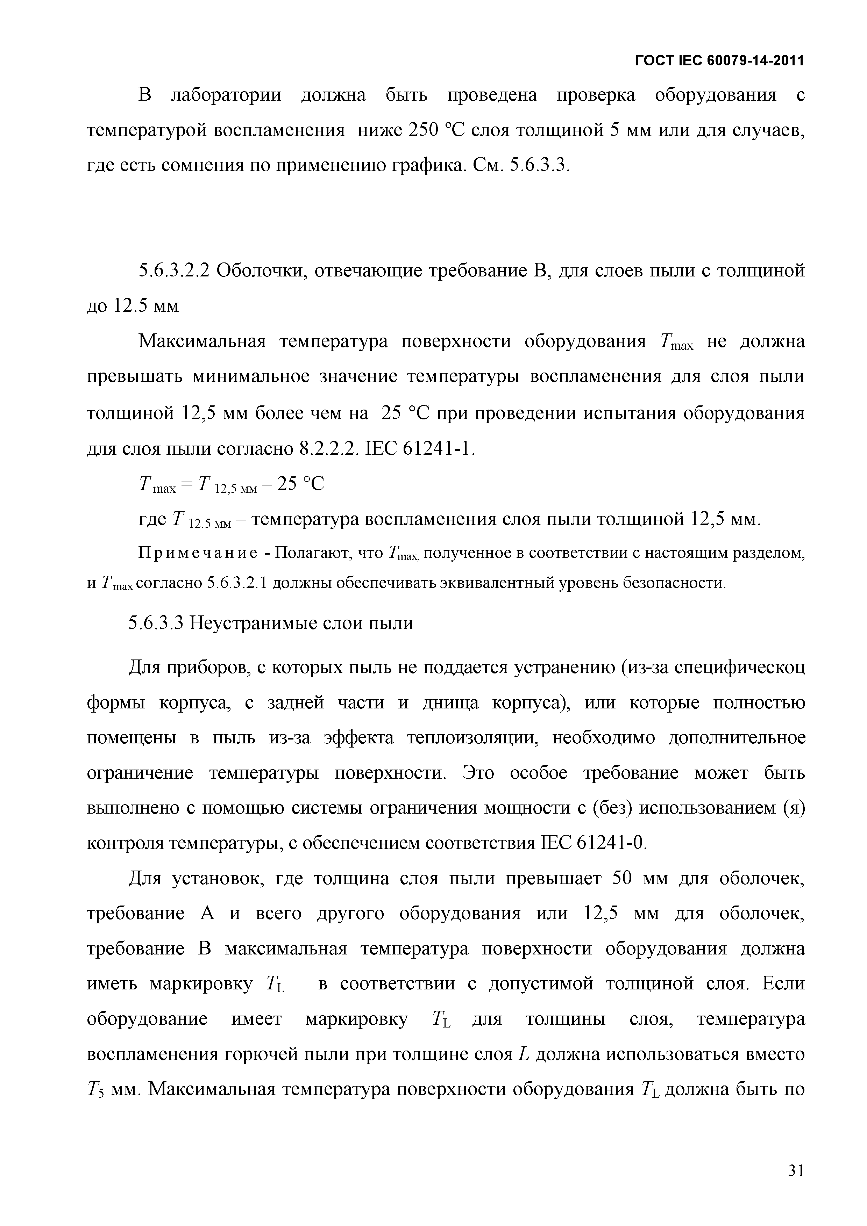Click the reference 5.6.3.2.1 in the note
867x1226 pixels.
(x=237, y=583)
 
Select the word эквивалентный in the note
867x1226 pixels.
(x=497, y=583)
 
